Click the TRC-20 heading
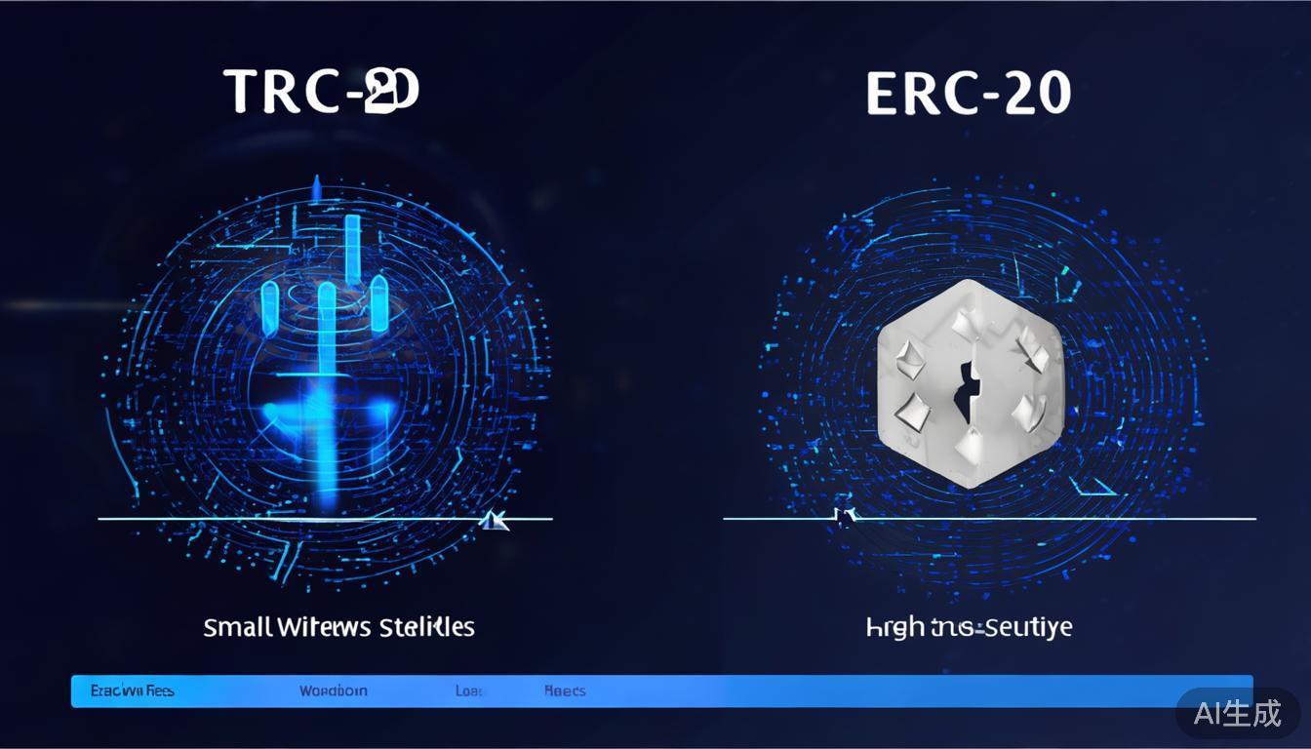[322, 92]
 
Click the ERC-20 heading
[968, 94]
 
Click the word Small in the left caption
[237, 626]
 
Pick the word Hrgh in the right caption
[895, 626]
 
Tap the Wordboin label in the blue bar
[334, 690]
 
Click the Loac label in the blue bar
[469, 690]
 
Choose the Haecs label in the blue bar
[565, 690]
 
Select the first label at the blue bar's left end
[132, 690]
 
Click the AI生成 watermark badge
[1237, 713]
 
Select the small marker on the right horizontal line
[845, 515]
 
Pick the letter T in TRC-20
[243, 92]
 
